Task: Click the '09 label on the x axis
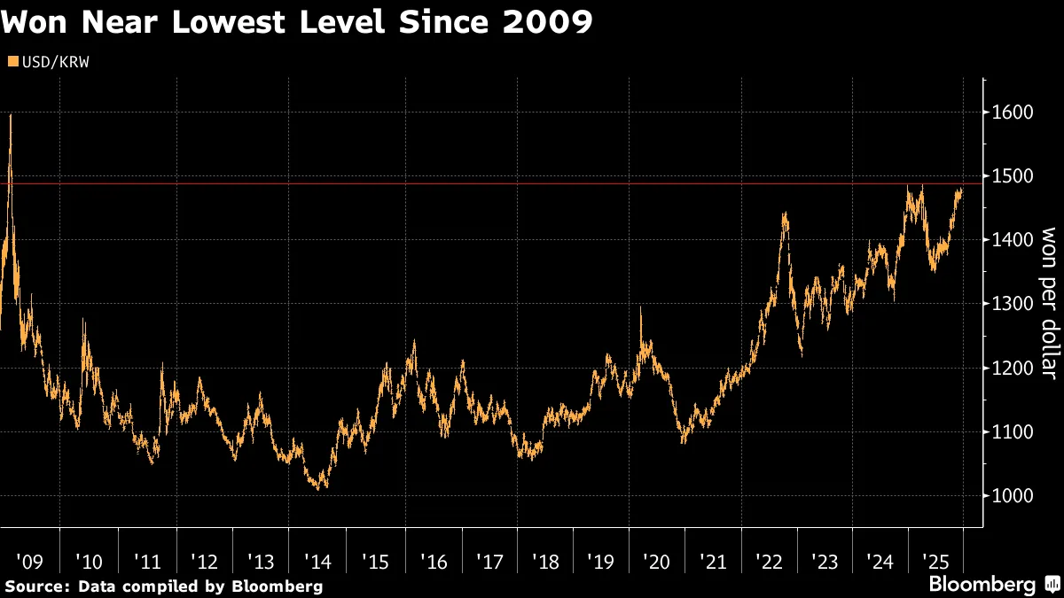29,562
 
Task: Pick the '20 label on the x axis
656,562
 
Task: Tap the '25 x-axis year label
937,562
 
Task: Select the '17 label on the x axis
489,562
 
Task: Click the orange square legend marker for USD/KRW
12,61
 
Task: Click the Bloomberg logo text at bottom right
982,585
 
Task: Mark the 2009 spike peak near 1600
10,115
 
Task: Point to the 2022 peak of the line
785,214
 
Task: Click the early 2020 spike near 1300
640,308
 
